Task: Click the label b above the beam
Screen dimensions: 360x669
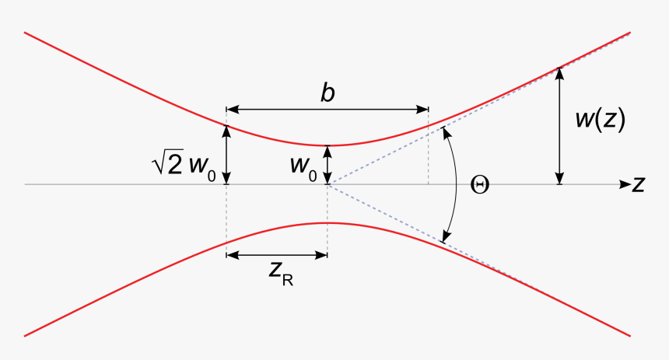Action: point(327,93)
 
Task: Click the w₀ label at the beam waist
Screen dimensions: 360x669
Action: point(303,166)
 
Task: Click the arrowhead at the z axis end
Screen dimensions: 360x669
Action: point(624,184)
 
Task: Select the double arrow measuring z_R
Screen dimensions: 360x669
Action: point(276,255)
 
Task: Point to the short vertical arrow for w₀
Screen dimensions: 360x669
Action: point(327,165)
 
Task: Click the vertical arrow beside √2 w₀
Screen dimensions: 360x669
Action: point(226,155)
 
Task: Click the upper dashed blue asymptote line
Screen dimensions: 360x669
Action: point(389,156)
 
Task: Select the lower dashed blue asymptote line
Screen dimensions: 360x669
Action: point(389,214)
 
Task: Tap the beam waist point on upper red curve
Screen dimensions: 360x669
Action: point(327,145)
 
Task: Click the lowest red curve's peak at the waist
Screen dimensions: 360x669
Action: point(327,223)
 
